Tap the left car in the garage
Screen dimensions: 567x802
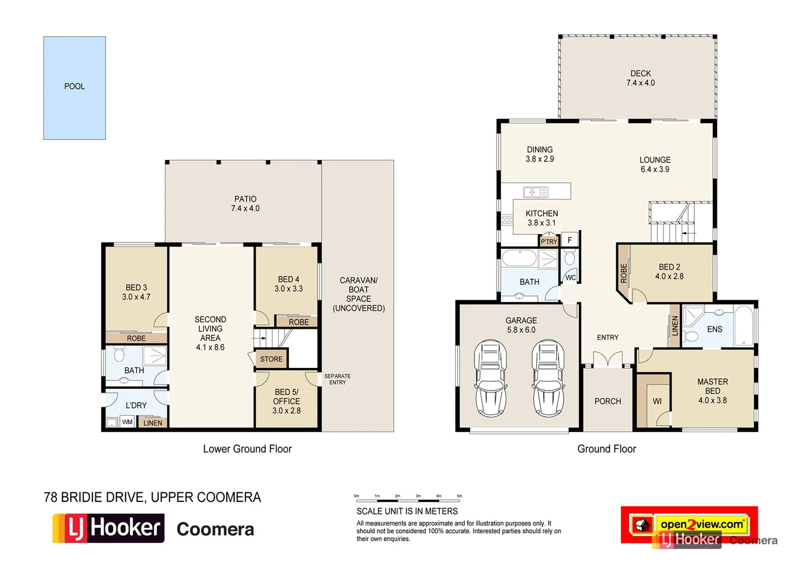coord(490,378)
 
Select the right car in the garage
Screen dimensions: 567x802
coord(548,378)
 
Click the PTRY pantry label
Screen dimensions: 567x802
coord(549,241)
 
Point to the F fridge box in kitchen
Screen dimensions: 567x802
coord(569,240)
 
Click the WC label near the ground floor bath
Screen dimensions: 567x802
coord(571,278)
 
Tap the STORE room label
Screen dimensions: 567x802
coord(271,359)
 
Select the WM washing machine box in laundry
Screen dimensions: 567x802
coord(127,422)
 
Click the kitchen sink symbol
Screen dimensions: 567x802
coord(535,192)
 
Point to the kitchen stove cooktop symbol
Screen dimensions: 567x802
coord(506,220)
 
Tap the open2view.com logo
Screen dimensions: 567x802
coord(702,524)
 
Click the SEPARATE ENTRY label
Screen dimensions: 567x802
coord(337,379)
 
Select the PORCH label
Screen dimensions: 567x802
coord(607,401)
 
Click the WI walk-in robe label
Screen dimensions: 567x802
coord(657,402)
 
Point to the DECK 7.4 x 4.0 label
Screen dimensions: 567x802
coord(640,78)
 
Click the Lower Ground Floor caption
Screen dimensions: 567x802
coord(247,449)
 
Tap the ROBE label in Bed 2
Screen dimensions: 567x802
coord(624,273)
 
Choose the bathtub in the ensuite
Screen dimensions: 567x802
coord(743,326)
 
